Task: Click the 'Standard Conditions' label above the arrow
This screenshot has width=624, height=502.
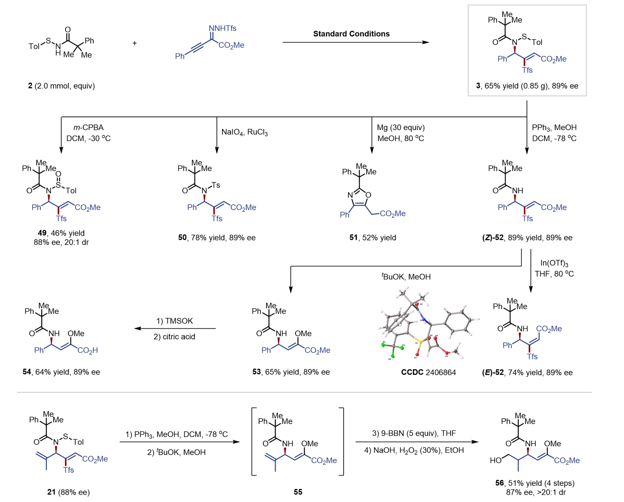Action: point(351,34)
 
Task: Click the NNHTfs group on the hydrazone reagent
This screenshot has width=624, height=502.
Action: point(222,28)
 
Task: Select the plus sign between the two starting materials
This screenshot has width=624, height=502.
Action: point(135,43)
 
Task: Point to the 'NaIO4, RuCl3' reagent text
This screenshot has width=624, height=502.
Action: point(244,132)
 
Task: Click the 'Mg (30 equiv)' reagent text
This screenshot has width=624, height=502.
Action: point(401,128)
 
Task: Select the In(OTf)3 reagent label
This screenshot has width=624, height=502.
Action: point(554,263)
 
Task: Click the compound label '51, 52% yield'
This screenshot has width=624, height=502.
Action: point(372,238)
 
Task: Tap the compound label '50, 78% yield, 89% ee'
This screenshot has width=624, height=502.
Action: point(217,238)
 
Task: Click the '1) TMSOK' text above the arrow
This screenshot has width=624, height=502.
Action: point(174,321)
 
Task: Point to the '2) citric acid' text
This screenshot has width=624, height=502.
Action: point(174,337)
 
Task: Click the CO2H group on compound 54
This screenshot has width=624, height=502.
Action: point(87,351)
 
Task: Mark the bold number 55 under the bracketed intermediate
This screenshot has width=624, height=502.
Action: point(298,492)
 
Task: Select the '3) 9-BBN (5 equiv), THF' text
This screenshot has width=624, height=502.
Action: point(414,433)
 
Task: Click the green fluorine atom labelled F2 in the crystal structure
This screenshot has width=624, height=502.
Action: point(393,356)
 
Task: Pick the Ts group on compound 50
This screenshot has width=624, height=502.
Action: point(216,185)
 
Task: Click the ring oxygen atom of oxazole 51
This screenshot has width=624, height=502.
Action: point(368,195)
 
